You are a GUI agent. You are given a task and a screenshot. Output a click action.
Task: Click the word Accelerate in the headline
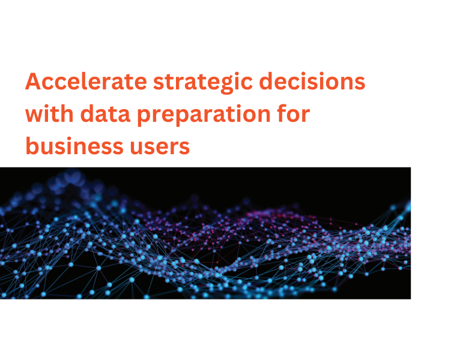[x=85, y=82]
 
